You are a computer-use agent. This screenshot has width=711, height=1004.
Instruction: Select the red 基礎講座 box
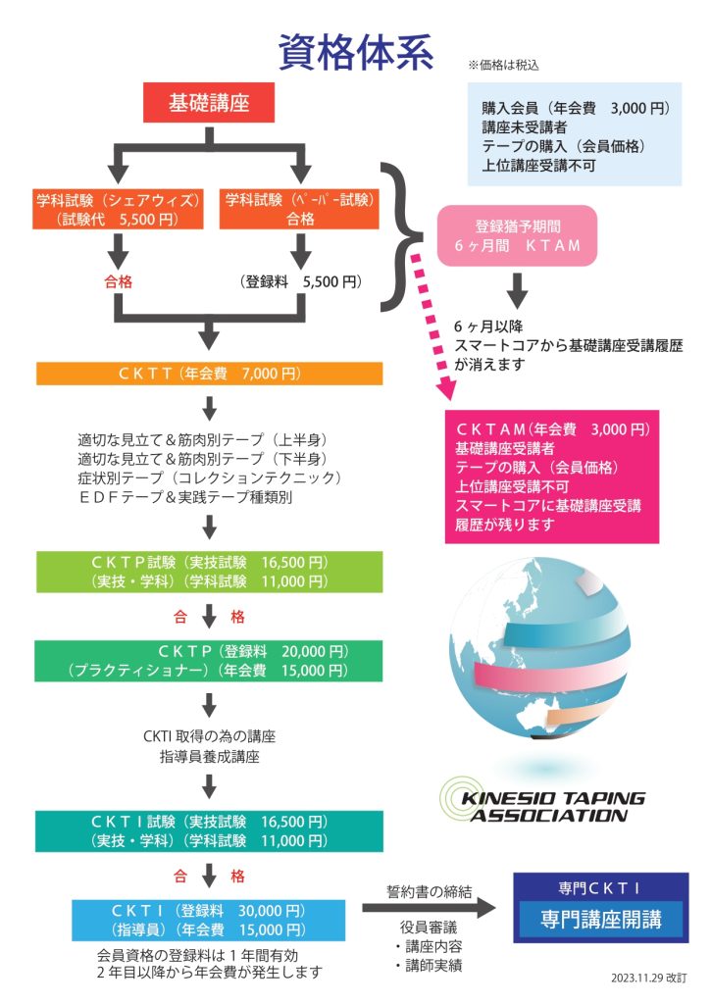tap(208, 102)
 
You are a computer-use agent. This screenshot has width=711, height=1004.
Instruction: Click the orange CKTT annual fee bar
tap(210, 374)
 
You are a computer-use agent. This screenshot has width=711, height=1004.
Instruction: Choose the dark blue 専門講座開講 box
tap(600, 920)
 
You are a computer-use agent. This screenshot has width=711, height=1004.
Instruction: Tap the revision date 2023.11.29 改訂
tap(648, 978)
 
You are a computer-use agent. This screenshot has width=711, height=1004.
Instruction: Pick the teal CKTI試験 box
tap(210, 830)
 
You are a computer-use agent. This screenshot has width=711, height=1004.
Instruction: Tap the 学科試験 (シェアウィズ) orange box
tap(118, 209)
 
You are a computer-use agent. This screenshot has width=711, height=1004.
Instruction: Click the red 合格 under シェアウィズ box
tap(118, 281)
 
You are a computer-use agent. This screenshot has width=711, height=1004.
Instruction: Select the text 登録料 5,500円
tap(300, 281)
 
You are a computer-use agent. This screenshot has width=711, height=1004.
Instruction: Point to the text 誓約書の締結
tap(430, 891)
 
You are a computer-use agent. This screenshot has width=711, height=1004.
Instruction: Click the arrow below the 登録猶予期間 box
tap(518, 288)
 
